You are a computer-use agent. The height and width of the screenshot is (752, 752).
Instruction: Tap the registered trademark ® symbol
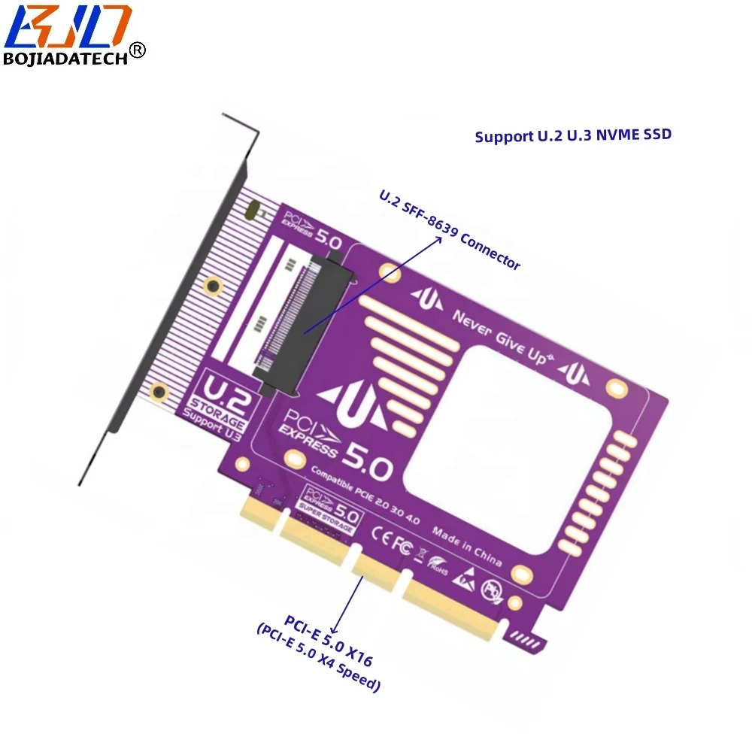pyautogui.click(x=138, y=50)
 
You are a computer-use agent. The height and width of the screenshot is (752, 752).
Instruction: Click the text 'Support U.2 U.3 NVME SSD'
pyautogui.click(x=572, y=136)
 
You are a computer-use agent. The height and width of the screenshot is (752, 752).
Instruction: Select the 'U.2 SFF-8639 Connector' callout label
pyautogui.click(x=450, y=230)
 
